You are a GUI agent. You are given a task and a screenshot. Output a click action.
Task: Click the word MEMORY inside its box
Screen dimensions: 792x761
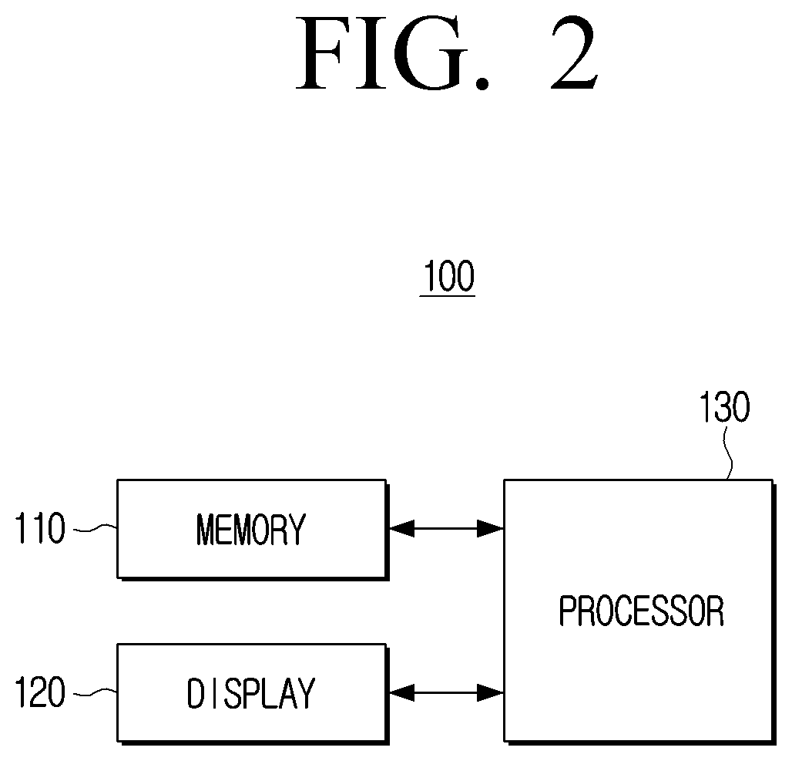pyautogui.click(x=251, y=529)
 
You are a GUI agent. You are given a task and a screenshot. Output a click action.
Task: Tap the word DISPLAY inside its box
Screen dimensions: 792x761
pyautogui.click(x=251, y=692)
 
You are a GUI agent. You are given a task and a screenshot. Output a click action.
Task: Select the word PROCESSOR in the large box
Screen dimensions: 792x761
pyautogui.click(x=642, y=611)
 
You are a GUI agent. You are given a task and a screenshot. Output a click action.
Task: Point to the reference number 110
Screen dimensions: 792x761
pyautogui.click(x=40, y=528)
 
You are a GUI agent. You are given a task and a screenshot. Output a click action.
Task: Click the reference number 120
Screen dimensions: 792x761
pyautogui.click(x=40, y=692)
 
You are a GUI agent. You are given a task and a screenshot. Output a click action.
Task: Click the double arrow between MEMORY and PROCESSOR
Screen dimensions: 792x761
pyautogui.click(x=446, y=528)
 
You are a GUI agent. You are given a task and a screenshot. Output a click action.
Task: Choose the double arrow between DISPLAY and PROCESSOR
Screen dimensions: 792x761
pyautogui.click(x=446, y=692)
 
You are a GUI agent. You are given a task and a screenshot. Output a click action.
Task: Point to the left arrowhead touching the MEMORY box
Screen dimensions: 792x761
pyautogui.click(x=401, y=528)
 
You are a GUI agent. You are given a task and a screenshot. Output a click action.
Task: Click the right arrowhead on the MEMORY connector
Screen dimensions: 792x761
pyautogui.click(x=491, y=528)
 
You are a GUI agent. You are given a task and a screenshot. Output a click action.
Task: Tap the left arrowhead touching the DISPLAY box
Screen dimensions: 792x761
pyautogui.click(x=401, y=692)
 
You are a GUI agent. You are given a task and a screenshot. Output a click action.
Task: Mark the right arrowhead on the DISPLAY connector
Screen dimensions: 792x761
pyautogui.click(x=491, y=692)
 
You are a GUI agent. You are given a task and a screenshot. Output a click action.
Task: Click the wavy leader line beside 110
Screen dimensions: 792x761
pyautogui.click(x=96, y=528)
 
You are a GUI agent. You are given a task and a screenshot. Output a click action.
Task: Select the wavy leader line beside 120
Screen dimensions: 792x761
pyautogui.click(x=96, y=692)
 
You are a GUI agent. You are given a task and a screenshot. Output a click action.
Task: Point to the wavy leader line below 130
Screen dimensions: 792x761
pyautogui.click(x=728, y=453)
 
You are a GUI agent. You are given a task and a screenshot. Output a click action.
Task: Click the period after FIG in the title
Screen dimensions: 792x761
pyautogui.click(x=482, y=84)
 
